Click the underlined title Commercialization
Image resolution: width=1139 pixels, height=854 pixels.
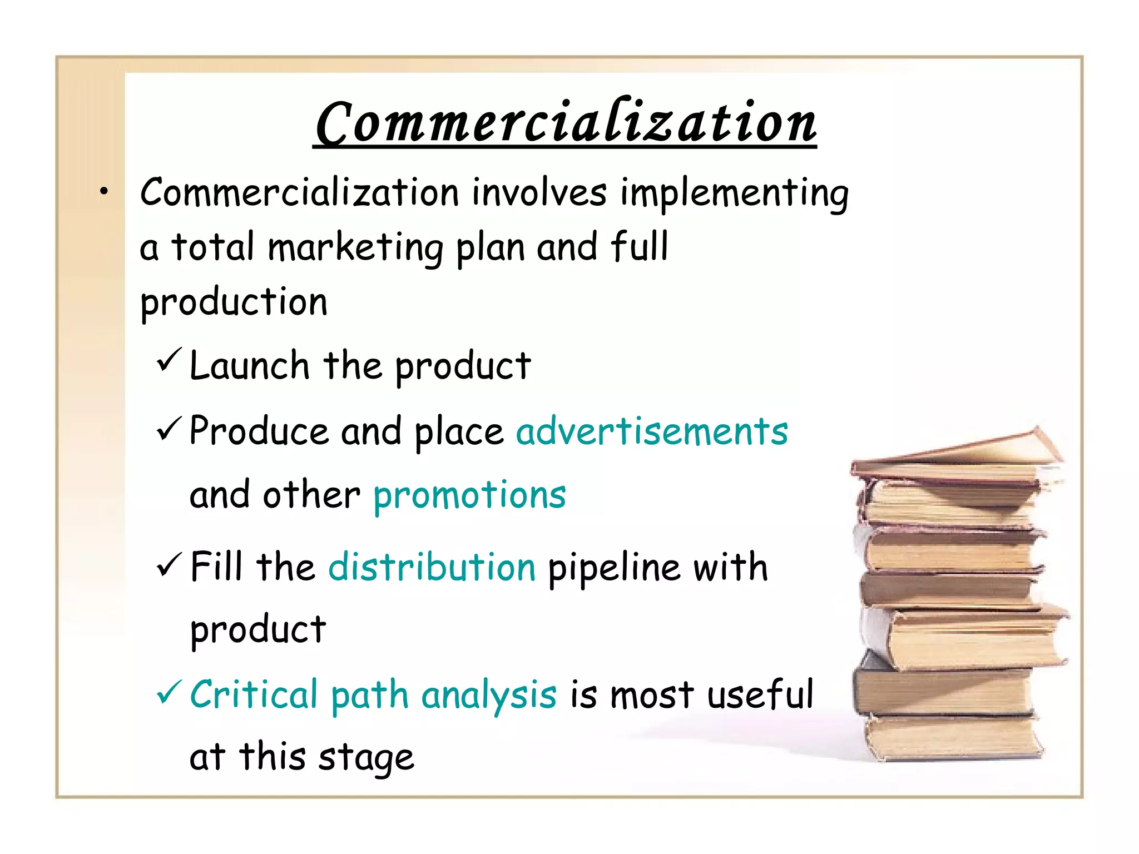click(564, 122)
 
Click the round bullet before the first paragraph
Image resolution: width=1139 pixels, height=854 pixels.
click(103, 192)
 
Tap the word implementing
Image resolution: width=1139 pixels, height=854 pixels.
click(734, 193)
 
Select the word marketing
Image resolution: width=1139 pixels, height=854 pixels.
click(355, 248)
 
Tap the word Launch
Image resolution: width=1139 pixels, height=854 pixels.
click(249, 366)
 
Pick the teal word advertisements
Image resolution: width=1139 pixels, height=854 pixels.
click(652, 431)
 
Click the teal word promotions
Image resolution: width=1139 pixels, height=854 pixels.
click(469, 495)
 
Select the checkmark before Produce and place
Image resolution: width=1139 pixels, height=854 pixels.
click(169, 429)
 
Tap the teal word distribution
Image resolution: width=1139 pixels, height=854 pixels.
click(432, 568)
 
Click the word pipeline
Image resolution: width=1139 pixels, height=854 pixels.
click(614, 569)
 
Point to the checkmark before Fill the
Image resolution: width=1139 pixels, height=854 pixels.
click(169, 565)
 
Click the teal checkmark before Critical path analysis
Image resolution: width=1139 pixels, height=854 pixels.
click(169, 692)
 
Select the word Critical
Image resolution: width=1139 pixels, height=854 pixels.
click(254, 694)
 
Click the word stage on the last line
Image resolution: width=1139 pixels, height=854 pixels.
click(367, 758)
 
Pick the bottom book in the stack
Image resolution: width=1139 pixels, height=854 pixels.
click(951, 737)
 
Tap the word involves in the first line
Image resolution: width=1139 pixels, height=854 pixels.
click(539, 192)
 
